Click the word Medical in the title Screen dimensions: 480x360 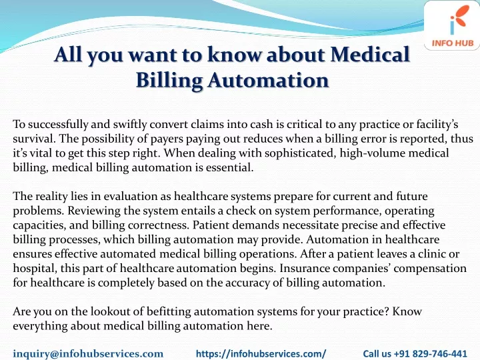(370, 54)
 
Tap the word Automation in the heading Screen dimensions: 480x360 (268, 80)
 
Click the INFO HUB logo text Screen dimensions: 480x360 (453, 43)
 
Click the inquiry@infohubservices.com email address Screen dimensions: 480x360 (88, 353)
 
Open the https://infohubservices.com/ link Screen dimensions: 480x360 (261, 353)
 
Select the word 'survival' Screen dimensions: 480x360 (34, 139)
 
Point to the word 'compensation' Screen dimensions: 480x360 (430, 269)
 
